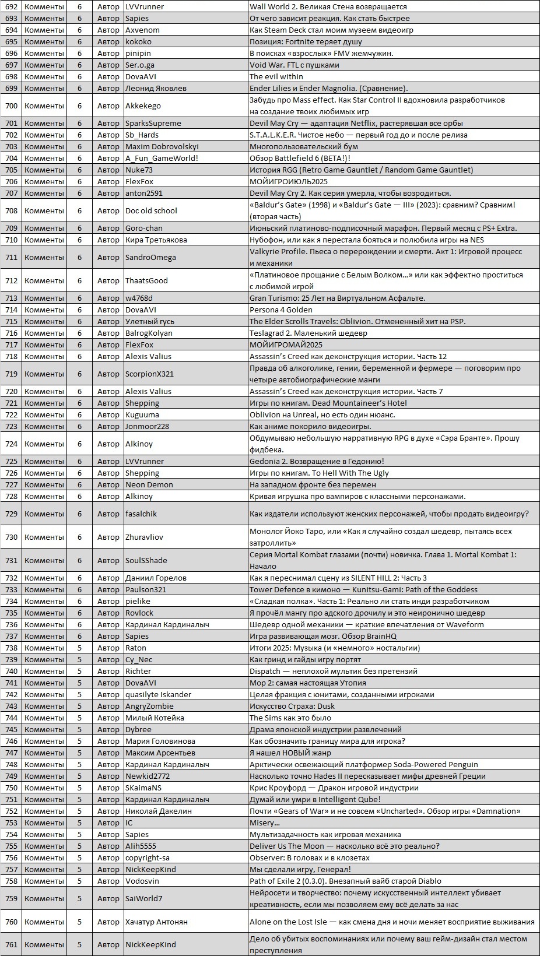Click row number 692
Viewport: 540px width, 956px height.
(11, 6)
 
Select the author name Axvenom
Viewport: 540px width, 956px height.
(142, 30)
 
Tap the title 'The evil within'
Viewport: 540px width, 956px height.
(276, 76)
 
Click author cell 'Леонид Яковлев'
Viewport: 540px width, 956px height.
(156, 88)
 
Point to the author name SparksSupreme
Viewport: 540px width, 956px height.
(153, 123)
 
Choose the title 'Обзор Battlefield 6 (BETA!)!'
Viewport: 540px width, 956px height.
(300, 158)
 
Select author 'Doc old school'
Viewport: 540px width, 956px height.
(151, 210)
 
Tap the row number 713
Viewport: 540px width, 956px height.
(11, 298)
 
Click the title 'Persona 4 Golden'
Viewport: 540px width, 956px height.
(280, 310)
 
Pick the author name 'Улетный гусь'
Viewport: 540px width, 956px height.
(150, 321)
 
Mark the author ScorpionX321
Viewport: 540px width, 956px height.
(149, 374)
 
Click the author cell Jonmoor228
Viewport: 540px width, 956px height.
(147, 426)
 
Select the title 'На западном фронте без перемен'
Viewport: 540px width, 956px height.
(313, 484)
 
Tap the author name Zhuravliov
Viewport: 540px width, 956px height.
(144, 537)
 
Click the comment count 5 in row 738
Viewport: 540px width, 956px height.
(80, 648)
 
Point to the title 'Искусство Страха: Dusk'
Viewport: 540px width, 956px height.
(292, 706)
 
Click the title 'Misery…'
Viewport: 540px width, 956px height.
(264, 823)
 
